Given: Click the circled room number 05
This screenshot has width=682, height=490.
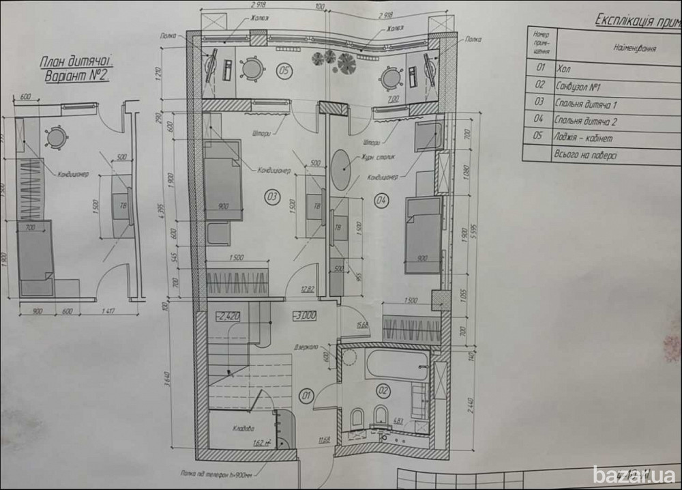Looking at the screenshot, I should [x=284, y=69].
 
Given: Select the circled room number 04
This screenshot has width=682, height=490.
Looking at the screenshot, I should [x=381, y=200].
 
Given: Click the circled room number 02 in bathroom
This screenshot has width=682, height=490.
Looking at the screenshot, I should [x=382, y=391].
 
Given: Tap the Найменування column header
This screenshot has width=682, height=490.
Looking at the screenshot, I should [x=634, y=50].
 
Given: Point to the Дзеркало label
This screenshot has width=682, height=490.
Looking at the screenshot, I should [x=308, y=346].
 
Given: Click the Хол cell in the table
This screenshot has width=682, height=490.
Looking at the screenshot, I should [x=563, y=68].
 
